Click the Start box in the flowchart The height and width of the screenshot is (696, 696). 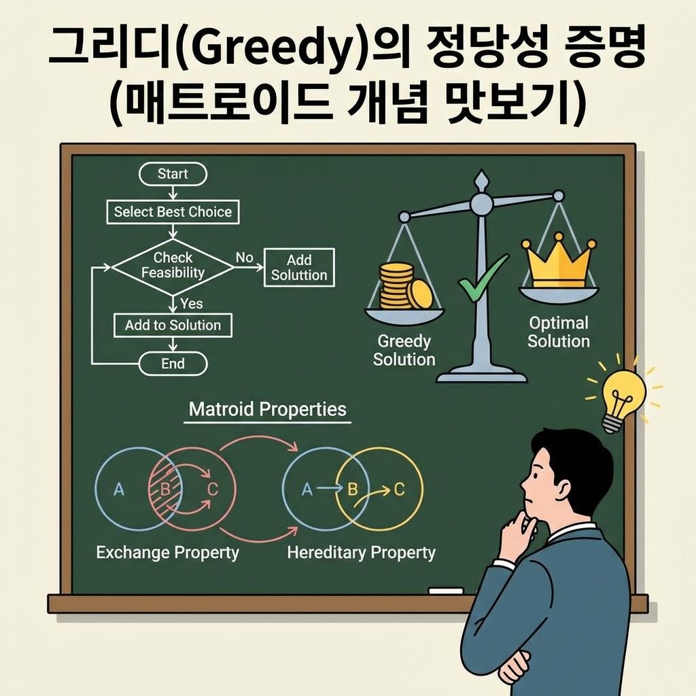[173, 174]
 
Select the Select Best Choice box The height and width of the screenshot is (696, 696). [173, 212]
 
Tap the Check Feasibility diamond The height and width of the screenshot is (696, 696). [173, 266]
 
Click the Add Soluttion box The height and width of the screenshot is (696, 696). [299, 268]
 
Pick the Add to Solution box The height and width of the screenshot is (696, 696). [173, 326]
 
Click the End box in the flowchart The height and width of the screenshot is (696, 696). [173, 364]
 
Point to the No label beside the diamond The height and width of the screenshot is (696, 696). [244, 258]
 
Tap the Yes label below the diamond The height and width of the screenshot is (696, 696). [191, 304]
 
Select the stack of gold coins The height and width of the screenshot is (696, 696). [403, 286]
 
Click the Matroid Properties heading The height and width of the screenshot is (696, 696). [267, 410]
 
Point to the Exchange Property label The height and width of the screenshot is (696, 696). [168, 553]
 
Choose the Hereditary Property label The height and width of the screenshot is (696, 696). [361, 553]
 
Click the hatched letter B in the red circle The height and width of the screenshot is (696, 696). [164, 489]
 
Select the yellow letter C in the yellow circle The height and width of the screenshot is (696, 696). [400, 489]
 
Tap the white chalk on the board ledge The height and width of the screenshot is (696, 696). [446, 591]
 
